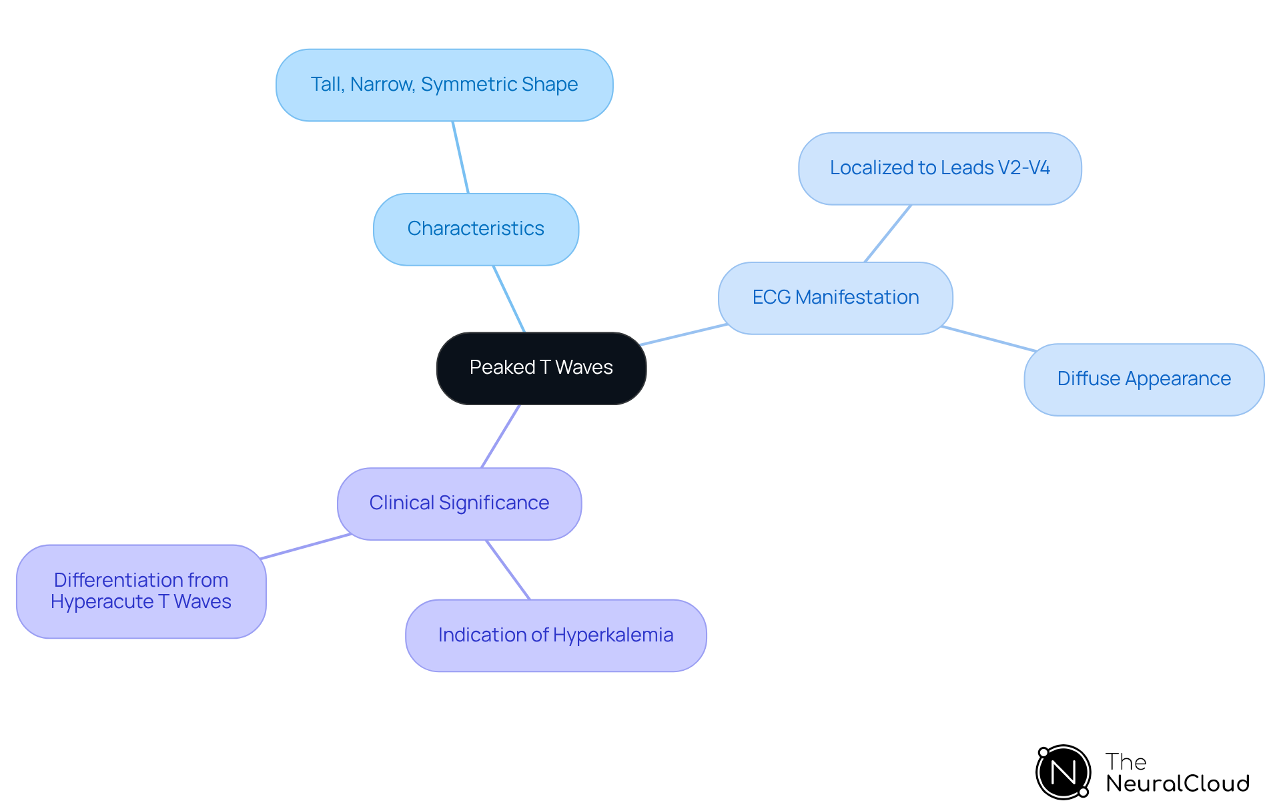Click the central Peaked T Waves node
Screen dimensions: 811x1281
pyautogui.click(x=541, y=368)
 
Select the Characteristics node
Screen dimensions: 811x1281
pyautogui.click(x=476, y=229)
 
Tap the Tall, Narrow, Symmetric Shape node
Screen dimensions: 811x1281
pyautogui.click(x=444, y=85)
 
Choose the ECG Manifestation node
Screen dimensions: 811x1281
pyautogui.click(x=835, y=298)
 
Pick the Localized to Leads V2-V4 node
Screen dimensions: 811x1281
pyautogui.click(x=939, y=168)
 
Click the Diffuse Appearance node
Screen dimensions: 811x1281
pyautogui.click(x=1144, y=379)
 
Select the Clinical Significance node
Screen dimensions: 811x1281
pyautogui.click(x=459, y=503)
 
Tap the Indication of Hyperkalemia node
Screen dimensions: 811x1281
pyautogui.click(x=556, y=635)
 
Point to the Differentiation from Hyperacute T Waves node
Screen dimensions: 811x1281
pyautogui.click(x=141, y=591)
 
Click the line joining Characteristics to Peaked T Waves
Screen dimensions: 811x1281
pyautogui.click(x=509, y=299)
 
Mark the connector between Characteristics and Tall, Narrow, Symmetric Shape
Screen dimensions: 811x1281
pyautogui.click(x=460, y=158)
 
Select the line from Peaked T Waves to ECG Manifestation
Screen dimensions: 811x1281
pyautogui.click(x=683, y=334)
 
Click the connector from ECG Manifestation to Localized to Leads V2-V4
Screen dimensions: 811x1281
pyautogui.click(x=887, y=234)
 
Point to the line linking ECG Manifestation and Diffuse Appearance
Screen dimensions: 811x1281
pyautogui.click(x=989, y=338)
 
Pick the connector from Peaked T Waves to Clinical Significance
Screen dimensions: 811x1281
pyautogui.click(x=500, y=436)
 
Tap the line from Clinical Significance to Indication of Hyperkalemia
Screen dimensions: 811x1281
pyautogui.click(x=508, y=569)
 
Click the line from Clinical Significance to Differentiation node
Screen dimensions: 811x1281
pyautogui.click(x=306, y=546)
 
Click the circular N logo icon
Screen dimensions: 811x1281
pyautogui.click(x=1063, y=772)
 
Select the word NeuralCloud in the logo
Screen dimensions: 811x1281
pyautogui.click(x=1177, y=784)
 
